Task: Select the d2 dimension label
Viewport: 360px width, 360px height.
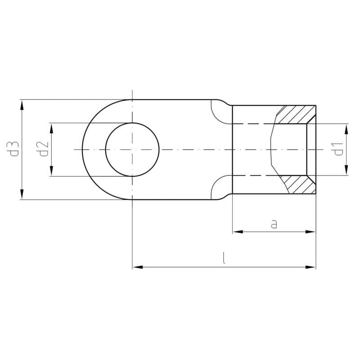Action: pyautogui.click(x=44, y=149)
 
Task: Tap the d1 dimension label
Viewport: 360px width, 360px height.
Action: pyautogui.click(x=338, y=149)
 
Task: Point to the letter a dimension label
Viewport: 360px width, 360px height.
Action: pyautogui.click(x=274, y=224)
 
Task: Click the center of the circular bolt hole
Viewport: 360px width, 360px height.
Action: pyautogui.click(x=132, y=150)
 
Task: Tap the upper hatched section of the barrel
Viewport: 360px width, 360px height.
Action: pyautogui.click(x=296, y=114)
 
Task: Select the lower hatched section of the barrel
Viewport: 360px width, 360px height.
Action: pyautogui.click(x=298, y=184)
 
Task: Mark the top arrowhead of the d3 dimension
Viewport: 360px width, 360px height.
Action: pyautogui.click(x=22, y=105)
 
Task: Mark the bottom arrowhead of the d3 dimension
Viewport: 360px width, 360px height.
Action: pyautogui.click(x=22, y=194)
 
